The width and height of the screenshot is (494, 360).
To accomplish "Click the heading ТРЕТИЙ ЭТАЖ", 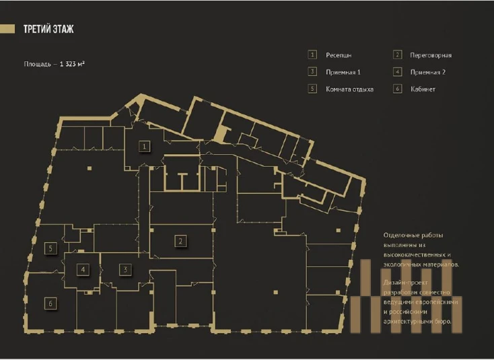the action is click(48, 29).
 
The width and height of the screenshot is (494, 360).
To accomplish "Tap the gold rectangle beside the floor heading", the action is click(7, 29).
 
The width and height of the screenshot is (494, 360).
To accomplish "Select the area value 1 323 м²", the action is click(72, 64).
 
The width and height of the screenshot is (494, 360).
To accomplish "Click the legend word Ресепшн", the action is click(339, 55).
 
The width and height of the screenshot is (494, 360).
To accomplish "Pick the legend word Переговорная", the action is click(431, 55).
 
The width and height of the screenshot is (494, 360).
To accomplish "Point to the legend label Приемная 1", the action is click(343, 72).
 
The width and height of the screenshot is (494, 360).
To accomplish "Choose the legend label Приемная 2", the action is click(428, 72).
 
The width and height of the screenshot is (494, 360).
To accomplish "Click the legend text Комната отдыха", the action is click(350, 89).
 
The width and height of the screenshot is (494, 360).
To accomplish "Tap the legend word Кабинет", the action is click(423, 89).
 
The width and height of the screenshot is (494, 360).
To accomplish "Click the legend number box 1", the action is click(312, 55).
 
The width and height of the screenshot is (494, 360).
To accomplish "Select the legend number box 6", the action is click(398, 89).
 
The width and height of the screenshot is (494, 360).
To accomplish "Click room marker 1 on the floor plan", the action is click(144, 147).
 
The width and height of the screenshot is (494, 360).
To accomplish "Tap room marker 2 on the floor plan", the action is click(180, 242).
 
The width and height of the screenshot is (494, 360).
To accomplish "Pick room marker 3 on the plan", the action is click(125, 269).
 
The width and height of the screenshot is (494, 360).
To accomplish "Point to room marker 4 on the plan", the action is click(83, 269).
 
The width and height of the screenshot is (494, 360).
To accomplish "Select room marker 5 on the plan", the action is click(50, 248).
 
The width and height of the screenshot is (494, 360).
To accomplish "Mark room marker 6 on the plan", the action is click(50, 303).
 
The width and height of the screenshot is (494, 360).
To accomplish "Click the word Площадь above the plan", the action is click(37, 64).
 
